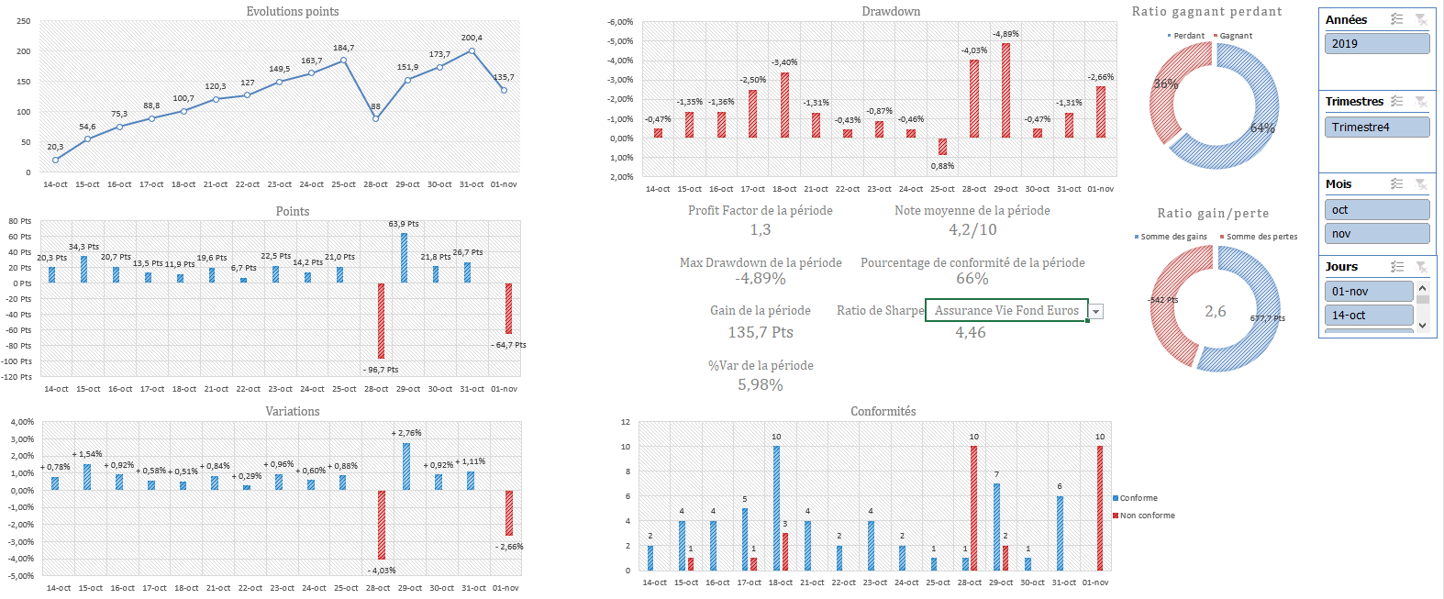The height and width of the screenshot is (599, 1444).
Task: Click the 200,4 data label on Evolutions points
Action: [472, 38]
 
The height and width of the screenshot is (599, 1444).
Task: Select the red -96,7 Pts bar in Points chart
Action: [381, 321]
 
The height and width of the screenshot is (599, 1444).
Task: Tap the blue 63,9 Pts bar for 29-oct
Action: [404, 258]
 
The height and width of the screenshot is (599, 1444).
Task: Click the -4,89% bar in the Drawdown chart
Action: [1005, 90]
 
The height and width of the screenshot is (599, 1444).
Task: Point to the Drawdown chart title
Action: [890, 11]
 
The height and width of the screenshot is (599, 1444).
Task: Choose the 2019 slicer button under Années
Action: [1376, 43]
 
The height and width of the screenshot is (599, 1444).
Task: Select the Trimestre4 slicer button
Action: [1376, 127]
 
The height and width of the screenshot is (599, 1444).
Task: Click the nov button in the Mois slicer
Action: [1376, 234]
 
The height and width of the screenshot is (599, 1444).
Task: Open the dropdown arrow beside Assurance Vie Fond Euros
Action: [1095, 312]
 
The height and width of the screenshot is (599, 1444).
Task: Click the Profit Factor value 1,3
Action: [760, 229]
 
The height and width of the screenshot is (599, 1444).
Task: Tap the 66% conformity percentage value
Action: [972, 279]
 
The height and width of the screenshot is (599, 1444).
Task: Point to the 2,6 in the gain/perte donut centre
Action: [1215, 312]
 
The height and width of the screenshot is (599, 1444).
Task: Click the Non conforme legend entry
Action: [1147, 516]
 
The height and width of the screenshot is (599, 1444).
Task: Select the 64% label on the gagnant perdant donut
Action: [1262, 128]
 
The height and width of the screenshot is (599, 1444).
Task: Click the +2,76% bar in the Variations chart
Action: [406, 466]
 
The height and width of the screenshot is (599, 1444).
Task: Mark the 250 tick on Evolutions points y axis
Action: [24, 21]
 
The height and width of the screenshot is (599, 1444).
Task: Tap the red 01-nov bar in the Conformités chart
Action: [1100, 508]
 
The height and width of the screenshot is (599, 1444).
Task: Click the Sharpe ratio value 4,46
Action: [970, 332]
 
